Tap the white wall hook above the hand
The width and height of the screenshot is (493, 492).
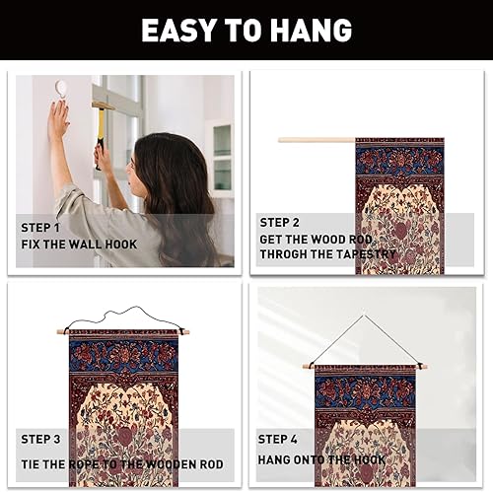click(61, 88)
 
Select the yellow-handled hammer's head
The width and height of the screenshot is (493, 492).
click(103, 105)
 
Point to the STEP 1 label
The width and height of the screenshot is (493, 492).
click(40, 228)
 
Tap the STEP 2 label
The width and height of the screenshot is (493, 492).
click(280, 223)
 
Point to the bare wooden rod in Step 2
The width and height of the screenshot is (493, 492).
click(317, 140)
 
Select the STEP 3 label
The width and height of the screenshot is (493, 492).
click(40, 439)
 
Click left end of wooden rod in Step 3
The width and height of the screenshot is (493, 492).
click(58, 332)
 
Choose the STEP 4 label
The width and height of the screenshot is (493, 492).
click(277, 439)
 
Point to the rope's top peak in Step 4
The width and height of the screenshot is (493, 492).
click(364, 316)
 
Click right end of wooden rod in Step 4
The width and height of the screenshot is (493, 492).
click(426, 367)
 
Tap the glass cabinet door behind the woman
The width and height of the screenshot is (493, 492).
click(222, 158)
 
